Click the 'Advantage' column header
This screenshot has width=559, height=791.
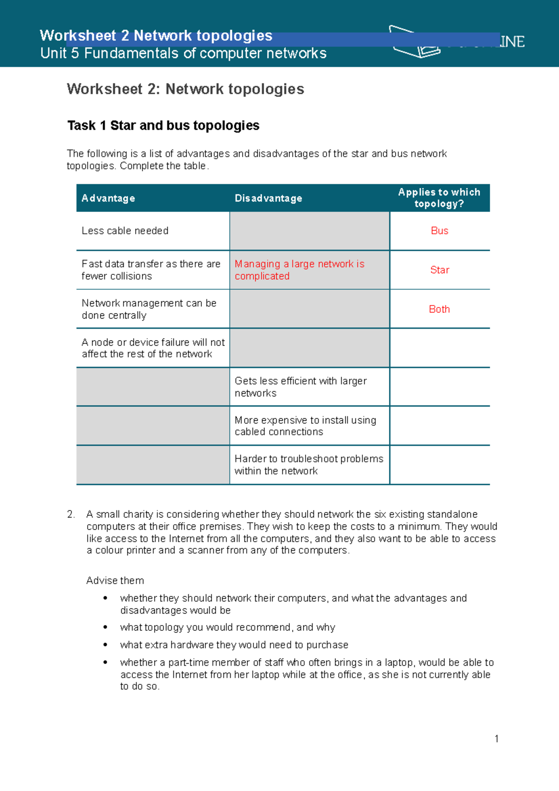click(x=108, y=198)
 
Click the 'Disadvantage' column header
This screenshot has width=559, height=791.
click(x=268, y=198)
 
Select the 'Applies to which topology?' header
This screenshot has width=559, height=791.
click(x=439, y=198)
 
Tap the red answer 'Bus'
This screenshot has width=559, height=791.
click(x=439, y=231)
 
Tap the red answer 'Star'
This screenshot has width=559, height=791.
click(x=439, y=270)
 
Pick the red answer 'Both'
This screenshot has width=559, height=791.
click(x=439, y=309)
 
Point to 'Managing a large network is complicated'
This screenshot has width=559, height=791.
click(x=299, y=270)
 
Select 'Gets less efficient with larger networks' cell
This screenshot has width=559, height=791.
click(x=300, y=387)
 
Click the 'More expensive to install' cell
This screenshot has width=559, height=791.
click(x=305, y=426)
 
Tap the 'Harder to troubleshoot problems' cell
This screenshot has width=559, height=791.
click(x=308, y=464)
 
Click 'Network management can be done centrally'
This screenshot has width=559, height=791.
click(x=149, y=309)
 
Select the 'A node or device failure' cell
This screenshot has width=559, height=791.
click(x=153, y=348)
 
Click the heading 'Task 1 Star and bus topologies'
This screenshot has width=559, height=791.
click(x=163, y=125)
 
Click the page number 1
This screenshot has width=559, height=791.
click(x=497, y=738)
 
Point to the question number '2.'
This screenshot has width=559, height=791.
click(x=71, y=514)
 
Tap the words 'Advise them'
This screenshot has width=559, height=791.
click(x=115, y=580)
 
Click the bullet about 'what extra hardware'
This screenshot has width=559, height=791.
click(x=234, y=645)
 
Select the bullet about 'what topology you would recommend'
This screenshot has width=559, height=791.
click(x=227, y=627)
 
